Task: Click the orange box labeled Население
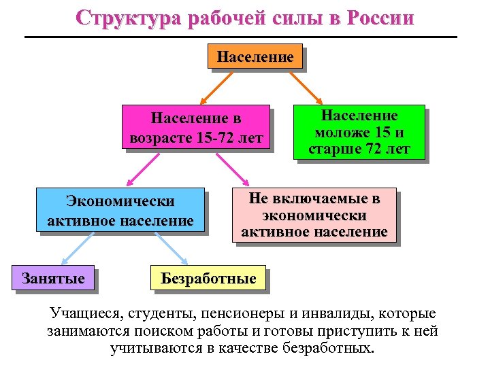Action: click(255, 57)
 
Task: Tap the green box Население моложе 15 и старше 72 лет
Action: click(359, 132)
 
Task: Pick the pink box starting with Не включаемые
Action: click(314, 215)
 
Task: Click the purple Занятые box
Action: click(53, 278)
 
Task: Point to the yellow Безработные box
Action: click(208, 278)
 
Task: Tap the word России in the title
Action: click(380, 18)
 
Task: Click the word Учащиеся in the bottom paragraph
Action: click(81, 315)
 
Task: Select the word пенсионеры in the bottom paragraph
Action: click(233, 315)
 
